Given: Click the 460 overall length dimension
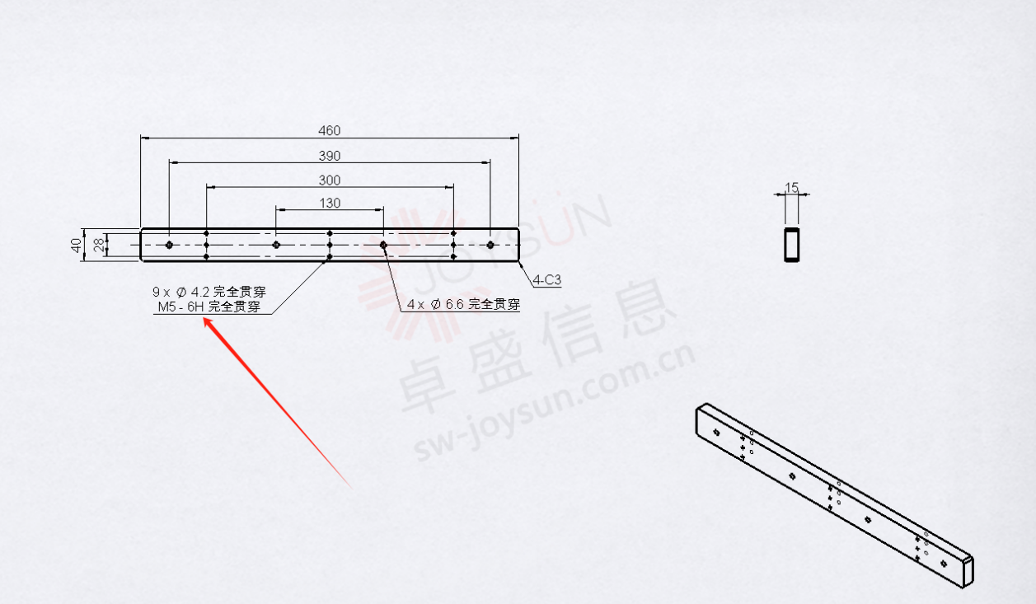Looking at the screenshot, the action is [x=330, y=131].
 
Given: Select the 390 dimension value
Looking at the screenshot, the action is [x=330, y=156].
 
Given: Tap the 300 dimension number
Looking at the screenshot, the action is [x=330, y=180].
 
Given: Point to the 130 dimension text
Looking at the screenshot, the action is [x=330, y=203].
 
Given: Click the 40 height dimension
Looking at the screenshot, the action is [x=77, y=245].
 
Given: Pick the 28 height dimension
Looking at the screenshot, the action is [x=99, y=245].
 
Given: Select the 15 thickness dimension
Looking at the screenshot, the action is [x=792, y=187].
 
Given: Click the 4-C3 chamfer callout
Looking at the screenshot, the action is [x=546, y=280].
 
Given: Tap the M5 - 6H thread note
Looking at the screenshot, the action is [x=209, y=307].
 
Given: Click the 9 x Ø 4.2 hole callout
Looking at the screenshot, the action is [x=209, y=292].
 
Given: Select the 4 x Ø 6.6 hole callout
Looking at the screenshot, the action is [x=463, y=304].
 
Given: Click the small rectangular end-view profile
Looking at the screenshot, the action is [x=792, y=245].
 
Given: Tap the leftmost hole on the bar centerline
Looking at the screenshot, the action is [x=169, y=245].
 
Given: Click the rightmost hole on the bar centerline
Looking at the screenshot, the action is [x=490, y=245].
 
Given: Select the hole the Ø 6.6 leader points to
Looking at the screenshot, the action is [x=383, y=245].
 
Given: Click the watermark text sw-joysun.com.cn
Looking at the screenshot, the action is [x=554, y=401].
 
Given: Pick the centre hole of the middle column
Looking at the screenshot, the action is [x=330, y=245].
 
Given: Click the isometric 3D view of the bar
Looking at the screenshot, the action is [x=835, y=496].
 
